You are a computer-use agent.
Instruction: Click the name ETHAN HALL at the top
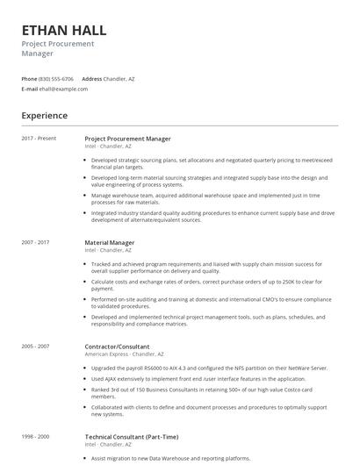point(64,30)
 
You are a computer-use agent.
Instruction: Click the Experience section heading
point(45,115)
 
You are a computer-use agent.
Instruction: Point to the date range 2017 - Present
point(37,139)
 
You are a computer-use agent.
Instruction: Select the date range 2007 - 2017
point(35,242)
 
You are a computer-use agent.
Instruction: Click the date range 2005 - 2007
point(35,347)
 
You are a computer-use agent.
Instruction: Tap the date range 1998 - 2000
point(35,436)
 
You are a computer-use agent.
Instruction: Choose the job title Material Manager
point(110,242)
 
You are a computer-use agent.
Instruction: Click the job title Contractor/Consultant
point(117,347)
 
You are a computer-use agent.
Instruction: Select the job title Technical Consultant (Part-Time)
point(132,436)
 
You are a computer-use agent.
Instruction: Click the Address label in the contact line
point(92,78)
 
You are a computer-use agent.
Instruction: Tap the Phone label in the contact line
point(29,78)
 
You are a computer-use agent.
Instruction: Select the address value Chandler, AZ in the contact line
point(119,78)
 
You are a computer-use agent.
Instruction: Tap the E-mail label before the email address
point(30,89)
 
